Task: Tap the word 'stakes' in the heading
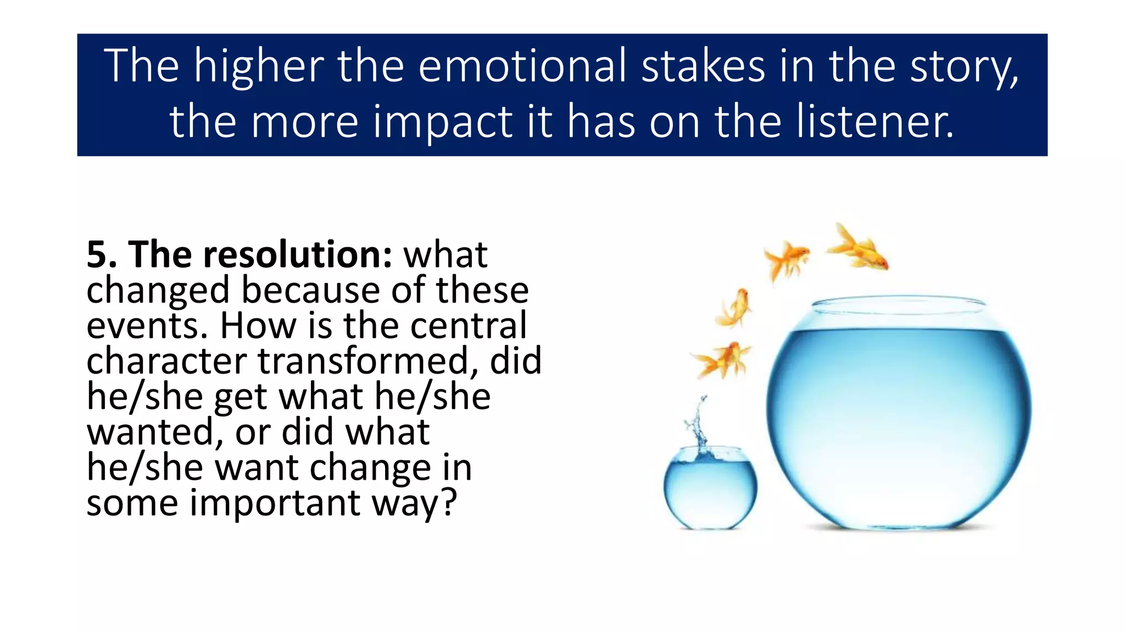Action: tap(703, 66)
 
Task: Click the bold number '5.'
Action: tap(102, 255)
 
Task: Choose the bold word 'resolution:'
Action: tap(261, 255)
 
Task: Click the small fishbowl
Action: tap(710, 489)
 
